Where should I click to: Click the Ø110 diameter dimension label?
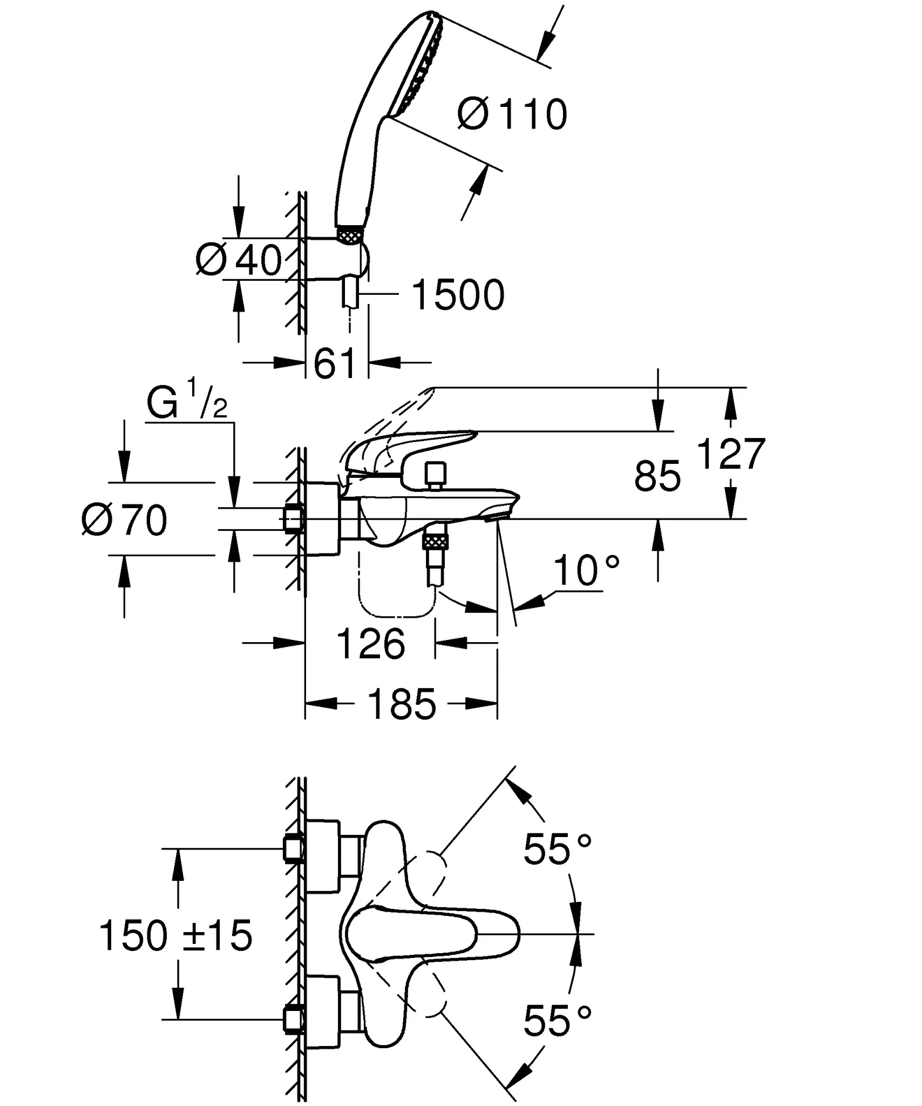(x=512, y=114)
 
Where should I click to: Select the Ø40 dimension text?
(x=239, y=260)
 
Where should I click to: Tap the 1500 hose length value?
(x=458, y=295)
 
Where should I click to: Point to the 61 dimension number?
(x=335, y=363)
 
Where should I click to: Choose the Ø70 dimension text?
(x=125, y=521)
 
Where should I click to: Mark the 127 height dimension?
(x=730, y=454)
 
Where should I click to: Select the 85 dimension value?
(x=657, y=476)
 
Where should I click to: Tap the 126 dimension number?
(x=370, y=644)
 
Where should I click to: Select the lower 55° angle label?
(x=557, y=1022)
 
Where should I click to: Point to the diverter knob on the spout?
(x=435, y=474)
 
